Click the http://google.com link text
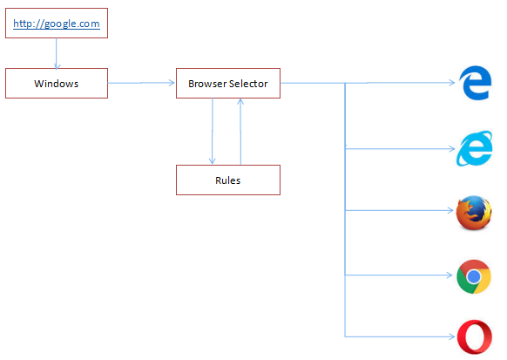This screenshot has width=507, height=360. coord(57,24)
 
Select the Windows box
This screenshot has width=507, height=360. coord(57,83)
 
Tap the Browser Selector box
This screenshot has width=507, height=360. coord(228,83)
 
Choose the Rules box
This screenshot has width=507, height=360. coord(228,180)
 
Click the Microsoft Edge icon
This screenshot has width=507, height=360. coord(475,83)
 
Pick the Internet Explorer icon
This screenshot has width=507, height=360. coord(475,148)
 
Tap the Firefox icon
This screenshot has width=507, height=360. coord(474,213)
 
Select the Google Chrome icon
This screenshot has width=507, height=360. coord(474,276)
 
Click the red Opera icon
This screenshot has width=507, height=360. coord(475,337)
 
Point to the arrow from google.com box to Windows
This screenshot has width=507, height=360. coord(57,53)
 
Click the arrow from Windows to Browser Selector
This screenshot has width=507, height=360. coord(141,83)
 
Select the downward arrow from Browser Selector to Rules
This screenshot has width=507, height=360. coord(212,131)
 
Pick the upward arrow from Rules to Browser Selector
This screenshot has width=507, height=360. coord(240,132)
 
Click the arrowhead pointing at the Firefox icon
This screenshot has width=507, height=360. coord(450,211)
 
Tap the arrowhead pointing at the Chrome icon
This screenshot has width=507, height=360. coord(450,275)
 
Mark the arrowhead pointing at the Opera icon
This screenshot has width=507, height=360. coord(452,336)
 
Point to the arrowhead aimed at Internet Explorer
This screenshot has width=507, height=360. coord(452,149)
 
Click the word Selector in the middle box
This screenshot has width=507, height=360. coord(248,84)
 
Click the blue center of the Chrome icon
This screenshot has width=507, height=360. coord(474,276)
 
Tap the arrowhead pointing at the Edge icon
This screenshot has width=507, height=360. coord(452,83)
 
